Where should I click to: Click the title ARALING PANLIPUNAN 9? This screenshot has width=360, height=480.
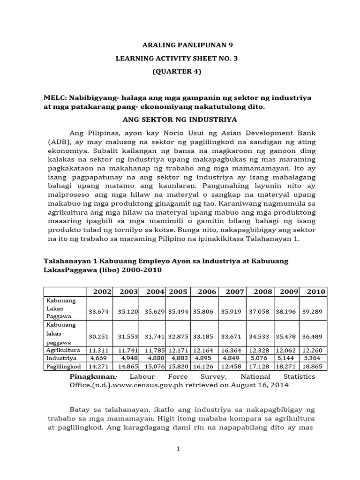187,45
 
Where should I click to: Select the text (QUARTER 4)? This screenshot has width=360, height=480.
176,72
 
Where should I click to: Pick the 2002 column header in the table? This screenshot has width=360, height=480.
102,292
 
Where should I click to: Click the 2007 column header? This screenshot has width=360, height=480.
235,292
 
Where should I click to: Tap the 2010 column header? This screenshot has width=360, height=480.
316,292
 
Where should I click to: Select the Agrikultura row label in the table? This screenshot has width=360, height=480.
63,350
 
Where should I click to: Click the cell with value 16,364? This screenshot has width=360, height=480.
235,350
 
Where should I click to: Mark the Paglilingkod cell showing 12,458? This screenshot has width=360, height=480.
235,366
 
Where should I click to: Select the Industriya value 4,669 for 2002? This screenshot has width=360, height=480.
103,358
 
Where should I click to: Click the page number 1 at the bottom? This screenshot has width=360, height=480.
179,449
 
